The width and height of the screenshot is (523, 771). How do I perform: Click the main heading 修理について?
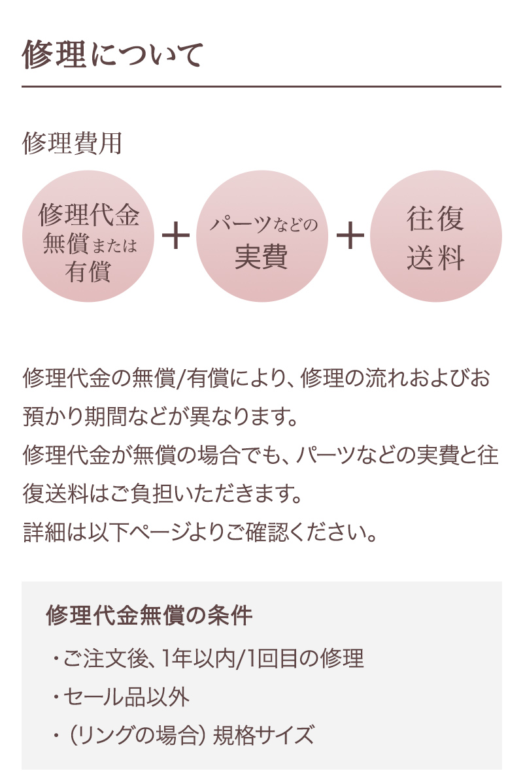coord(112,54)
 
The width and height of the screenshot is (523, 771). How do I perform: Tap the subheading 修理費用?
coord(72,143)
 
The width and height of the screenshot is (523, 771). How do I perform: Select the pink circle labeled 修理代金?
coord(88,236)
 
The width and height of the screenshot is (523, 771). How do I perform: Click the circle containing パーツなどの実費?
coord(261,236)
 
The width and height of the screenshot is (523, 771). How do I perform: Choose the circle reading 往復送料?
coord(436,236)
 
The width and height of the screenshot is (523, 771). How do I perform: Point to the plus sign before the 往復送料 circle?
coord(350,235)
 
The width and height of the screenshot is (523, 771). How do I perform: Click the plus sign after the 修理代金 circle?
coord(176,235)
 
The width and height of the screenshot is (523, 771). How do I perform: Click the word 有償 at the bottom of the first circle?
coord(88,271)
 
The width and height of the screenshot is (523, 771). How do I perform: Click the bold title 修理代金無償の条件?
coord(149,615)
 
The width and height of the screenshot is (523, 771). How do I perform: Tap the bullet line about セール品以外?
coord(120,697)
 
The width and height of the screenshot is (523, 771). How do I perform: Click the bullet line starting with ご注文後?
coord(208,659)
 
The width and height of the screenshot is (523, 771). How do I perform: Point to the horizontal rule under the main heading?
coord(261,86)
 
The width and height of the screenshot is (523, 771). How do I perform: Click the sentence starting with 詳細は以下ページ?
coord(200,533)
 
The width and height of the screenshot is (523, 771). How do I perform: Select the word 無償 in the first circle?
coord(65,244)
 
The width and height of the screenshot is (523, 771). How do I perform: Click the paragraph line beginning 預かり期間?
coord(160,417)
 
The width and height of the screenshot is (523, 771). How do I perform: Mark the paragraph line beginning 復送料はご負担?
coord(162,494)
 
